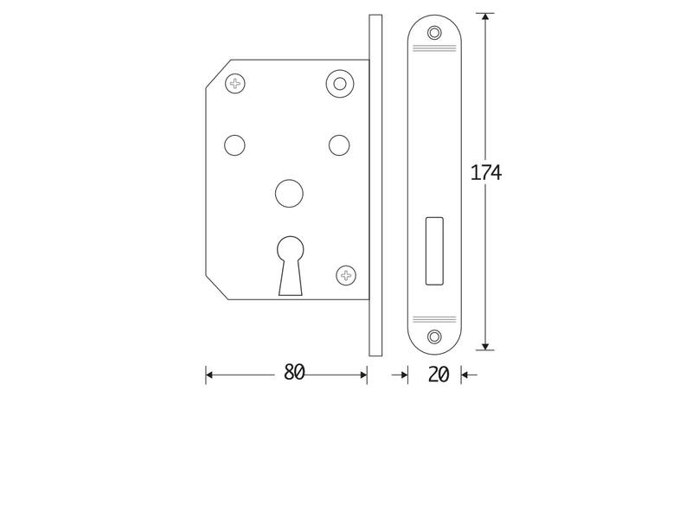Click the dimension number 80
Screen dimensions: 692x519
pyautogui.click(x=294, y=373)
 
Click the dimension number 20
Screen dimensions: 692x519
pyautogui.click(x=439, y=375)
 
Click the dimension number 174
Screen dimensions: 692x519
pyautogui.click(x=486, y=172)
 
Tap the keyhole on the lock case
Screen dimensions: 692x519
pyautogui.click(x=291, y=266)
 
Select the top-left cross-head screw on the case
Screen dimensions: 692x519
pyautogui.click(x=235, y=83)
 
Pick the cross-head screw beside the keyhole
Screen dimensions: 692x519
pyautogui.click(x=346, y=275)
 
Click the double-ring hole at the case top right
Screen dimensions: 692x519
pyautogui.click(x=340, y=83)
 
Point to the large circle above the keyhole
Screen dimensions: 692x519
pyautogui.click(x=290, y=193)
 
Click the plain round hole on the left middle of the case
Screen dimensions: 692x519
pyautogui.click(x=234, y=145)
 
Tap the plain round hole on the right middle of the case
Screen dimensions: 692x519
pyautogui.click(x=339, y=145)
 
